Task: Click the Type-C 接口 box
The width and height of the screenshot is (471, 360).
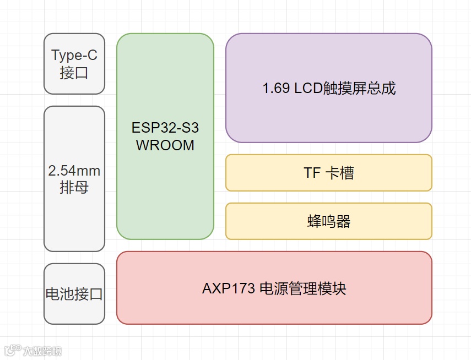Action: click(74, 63)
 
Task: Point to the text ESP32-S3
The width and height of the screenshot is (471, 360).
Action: click(165, 128)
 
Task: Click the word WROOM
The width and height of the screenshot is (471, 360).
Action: click(165, 146)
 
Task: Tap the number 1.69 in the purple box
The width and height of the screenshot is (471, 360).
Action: click(276, 89)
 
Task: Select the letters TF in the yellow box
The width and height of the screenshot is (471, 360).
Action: click(312, 173)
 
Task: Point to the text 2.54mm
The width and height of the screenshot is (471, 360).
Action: click(74, 171)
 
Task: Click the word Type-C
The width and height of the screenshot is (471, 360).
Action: click(74, 55)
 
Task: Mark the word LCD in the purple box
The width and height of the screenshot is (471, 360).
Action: click(308, 89)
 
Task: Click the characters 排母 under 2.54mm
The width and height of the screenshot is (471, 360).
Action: click(74, 188)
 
